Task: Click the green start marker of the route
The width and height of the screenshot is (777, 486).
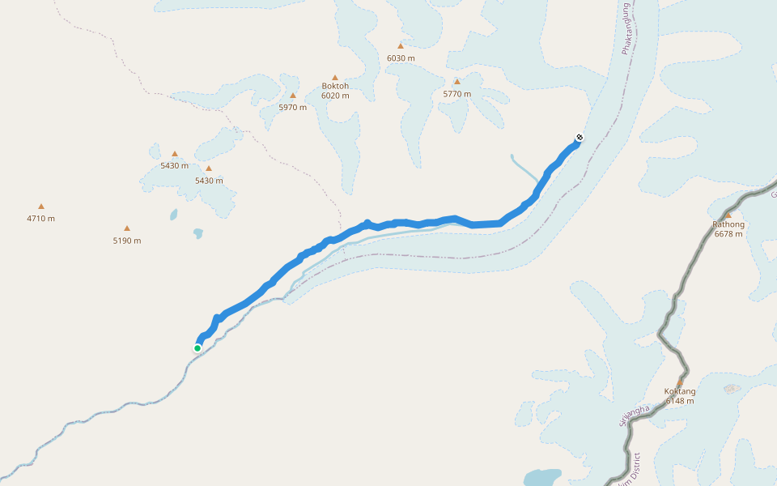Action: tap(197, 348)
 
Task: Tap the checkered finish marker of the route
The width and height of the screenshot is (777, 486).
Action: tap(579, 137)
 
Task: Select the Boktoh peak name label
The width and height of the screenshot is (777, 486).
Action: tap(335, 86)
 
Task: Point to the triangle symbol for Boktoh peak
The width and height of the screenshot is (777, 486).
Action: tap(335, 78)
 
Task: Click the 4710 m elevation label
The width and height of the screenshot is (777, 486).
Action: tap(40, 218)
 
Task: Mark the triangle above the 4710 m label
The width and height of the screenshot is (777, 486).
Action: tap(41, 207)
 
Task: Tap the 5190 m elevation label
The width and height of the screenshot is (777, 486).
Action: tap(126, 241)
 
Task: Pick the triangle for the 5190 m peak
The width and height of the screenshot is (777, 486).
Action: tap(127, 228)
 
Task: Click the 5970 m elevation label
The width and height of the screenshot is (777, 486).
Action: tap(293, 107)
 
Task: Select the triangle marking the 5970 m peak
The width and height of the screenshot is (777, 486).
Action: tap(293, 96)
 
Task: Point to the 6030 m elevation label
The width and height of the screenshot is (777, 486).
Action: tap(401, 58)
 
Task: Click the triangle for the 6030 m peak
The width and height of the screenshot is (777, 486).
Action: tap(400, 46)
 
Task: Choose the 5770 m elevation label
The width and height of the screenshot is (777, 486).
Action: tap(457, 94)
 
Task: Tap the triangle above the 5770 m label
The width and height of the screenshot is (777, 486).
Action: tap(457, 82)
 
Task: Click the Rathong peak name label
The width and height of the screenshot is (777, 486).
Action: tap(728, 224)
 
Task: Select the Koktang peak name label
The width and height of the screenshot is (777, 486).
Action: tap(680, 391)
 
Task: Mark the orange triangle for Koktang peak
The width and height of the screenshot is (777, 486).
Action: tap(680, 382)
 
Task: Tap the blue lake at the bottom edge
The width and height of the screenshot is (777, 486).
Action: tap(542, 476)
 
